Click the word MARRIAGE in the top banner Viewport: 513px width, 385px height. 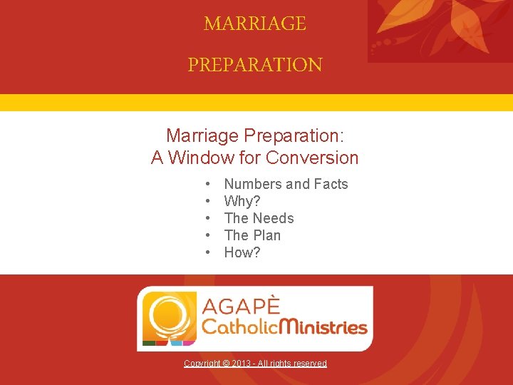(x=255, y=24)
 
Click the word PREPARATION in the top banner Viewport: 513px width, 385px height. (x=255, y=65)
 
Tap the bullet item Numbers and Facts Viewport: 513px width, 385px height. (x=286, y=184)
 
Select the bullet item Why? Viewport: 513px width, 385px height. (x=242, y=201)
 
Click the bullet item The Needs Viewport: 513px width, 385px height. (x=259, y=218)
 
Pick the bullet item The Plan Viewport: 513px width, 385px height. (x=252, y=235)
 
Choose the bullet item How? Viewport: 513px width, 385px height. (x=242, y=252)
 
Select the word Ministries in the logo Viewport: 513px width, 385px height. (x=321, y=328)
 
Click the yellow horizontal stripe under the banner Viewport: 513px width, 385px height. (x=256, y=102)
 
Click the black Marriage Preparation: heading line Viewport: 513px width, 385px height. (x=254, y=135)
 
